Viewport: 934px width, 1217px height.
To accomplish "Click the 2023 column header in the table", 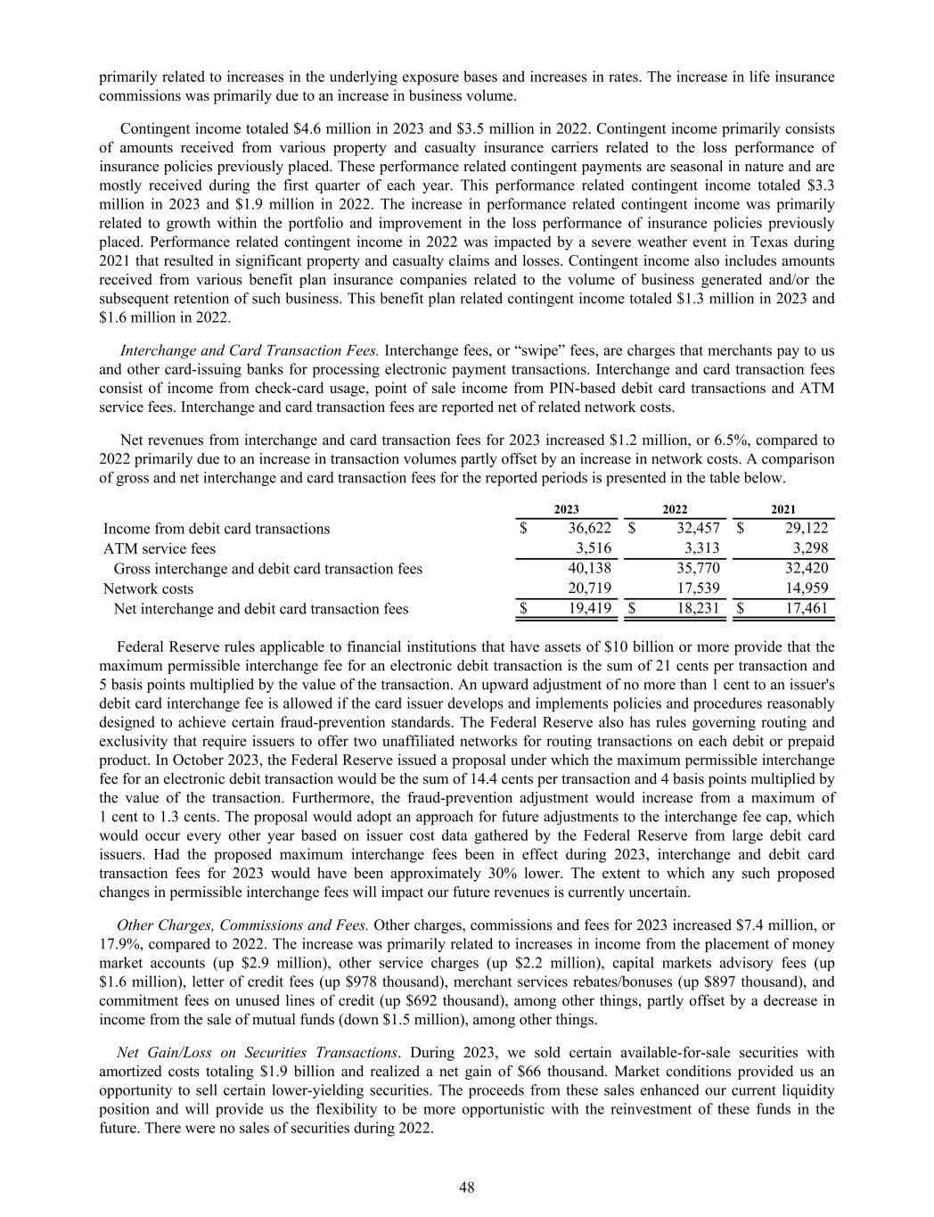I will pyautogui.click(x=566, y=508).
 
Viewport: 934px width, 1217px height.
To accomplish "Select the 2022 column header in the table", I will pyautogui.click(x=676, y=508).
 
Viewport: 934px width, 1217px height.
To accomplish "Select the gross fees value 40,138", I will pyautogui.click(x=589, y=569).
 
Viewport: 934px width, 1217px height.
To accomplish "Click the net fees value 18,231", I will pyautogui.click(x=698, y=609).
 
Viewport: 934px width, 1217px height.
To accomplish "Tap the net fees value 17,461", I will pyautogui.click(x=807, y=609).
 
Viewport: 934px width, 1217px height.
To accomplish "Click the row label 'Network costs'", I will pyautogui.click(x=148, y=588).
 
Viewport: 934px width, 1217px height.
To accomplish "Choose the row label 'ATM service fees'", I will pyautogui.click(x=160, y=549).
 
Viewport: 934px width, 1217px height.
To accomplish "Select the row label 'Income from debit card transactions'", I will pyautogui.click(x=217, y=529).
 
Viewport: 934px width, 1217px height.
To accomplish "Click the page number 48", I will pyautogui.click(x=467, y=1187).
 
